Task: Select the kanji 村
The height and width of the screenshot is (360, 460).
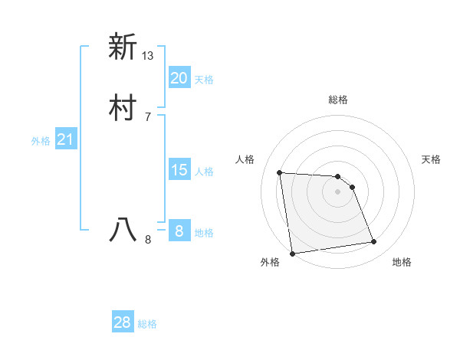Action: (x=123, y=108)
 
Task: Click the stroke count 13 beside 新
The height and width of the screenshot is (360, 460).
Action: (x=148, y=56)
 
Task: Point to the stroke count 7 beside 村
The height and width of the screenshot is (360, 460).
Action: (x=148, y=117)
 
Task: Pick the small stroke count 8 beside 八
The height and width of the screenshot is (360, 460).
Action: (x=148, y=240)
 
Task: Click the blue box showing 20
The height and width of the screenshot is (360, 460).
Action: (x=179, y=78)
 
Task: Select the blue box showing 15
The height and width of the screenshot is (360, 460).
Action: (x=179, y=170)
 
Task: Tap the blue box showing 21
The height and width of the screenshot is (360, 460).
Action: (x=65, y=139)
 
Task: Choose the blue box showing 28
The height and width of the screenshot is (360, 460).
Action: (x=123, y=322)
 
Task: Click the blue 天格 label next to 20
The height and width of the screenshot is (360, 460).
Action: (x=204, y=80)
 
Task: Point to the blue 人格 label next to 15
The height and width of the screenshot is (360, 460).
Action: (x=204, y=172)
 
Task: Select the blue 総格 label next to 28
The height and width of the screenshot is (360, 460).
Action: (x=147, y=324)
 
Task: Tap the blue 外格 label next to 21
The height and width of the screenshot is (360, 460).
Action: (x=41, y=141)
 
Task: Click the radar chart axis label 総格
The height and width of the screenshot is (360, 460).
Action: (x=338, y=100)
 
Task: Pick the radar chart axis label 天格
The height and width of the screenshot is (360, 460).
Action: (x=432, y=159)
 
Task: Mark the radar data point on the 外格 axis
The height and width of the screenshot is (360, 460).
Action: (x=292, y=253)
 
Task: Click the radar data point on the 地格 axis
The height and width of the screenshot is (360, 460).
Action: (x=374, y=242)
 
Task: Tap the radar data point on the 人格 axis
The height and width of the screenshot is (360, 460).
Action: (x=280, y=172)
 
